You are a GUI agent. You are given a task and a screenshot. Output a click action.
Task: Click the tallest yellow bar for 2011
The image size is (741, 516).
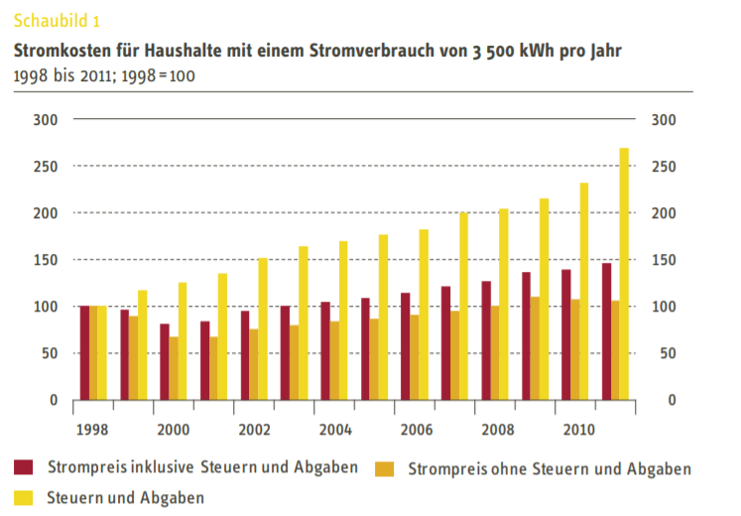click(x=624, y=273)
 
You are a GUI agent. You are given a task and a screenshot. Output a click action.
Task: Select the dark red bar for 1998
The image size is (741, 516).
click(x=84, y=352)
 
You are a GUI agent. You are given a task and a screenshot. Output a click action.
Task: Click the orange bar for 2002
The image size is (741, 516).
click(x=254, y=364)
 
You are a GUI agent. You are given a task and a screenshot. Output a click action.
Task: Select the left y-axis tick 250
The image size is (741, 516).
click(x=46, y=167)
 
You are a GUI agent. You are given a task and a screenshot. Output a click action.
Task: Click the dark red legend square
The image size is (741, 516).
click(x=24, y=467)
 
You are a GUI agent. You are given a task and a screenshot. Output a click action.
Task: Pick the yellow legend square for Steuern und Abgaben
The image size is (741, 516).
click(x=24, y=496)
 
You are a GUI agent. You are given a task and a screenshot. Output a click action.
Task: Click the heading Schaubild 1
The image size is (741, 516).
click(x=57, y=20)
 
